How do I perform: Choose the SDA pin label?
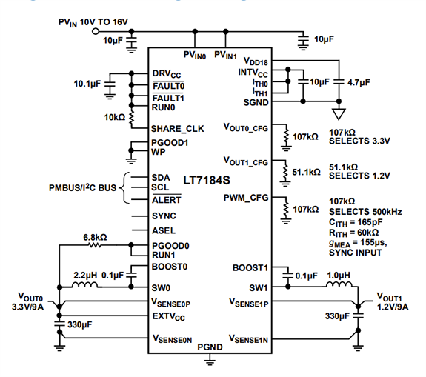tap(162, 177)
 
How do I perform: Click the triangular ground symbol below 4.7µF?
tap(339, 115)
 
